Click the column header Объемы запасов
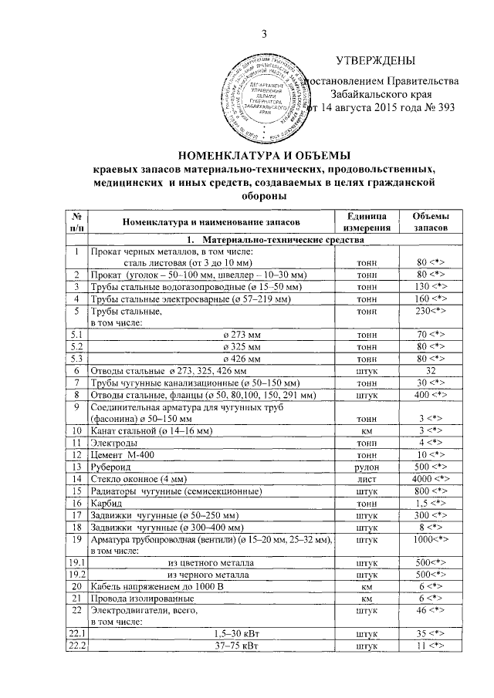tap(431, 221)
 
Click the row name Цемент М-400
tap(127, 456)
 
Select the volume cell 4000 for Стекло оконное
tap(431, 479)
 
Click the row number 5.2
tap(76, 346)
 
